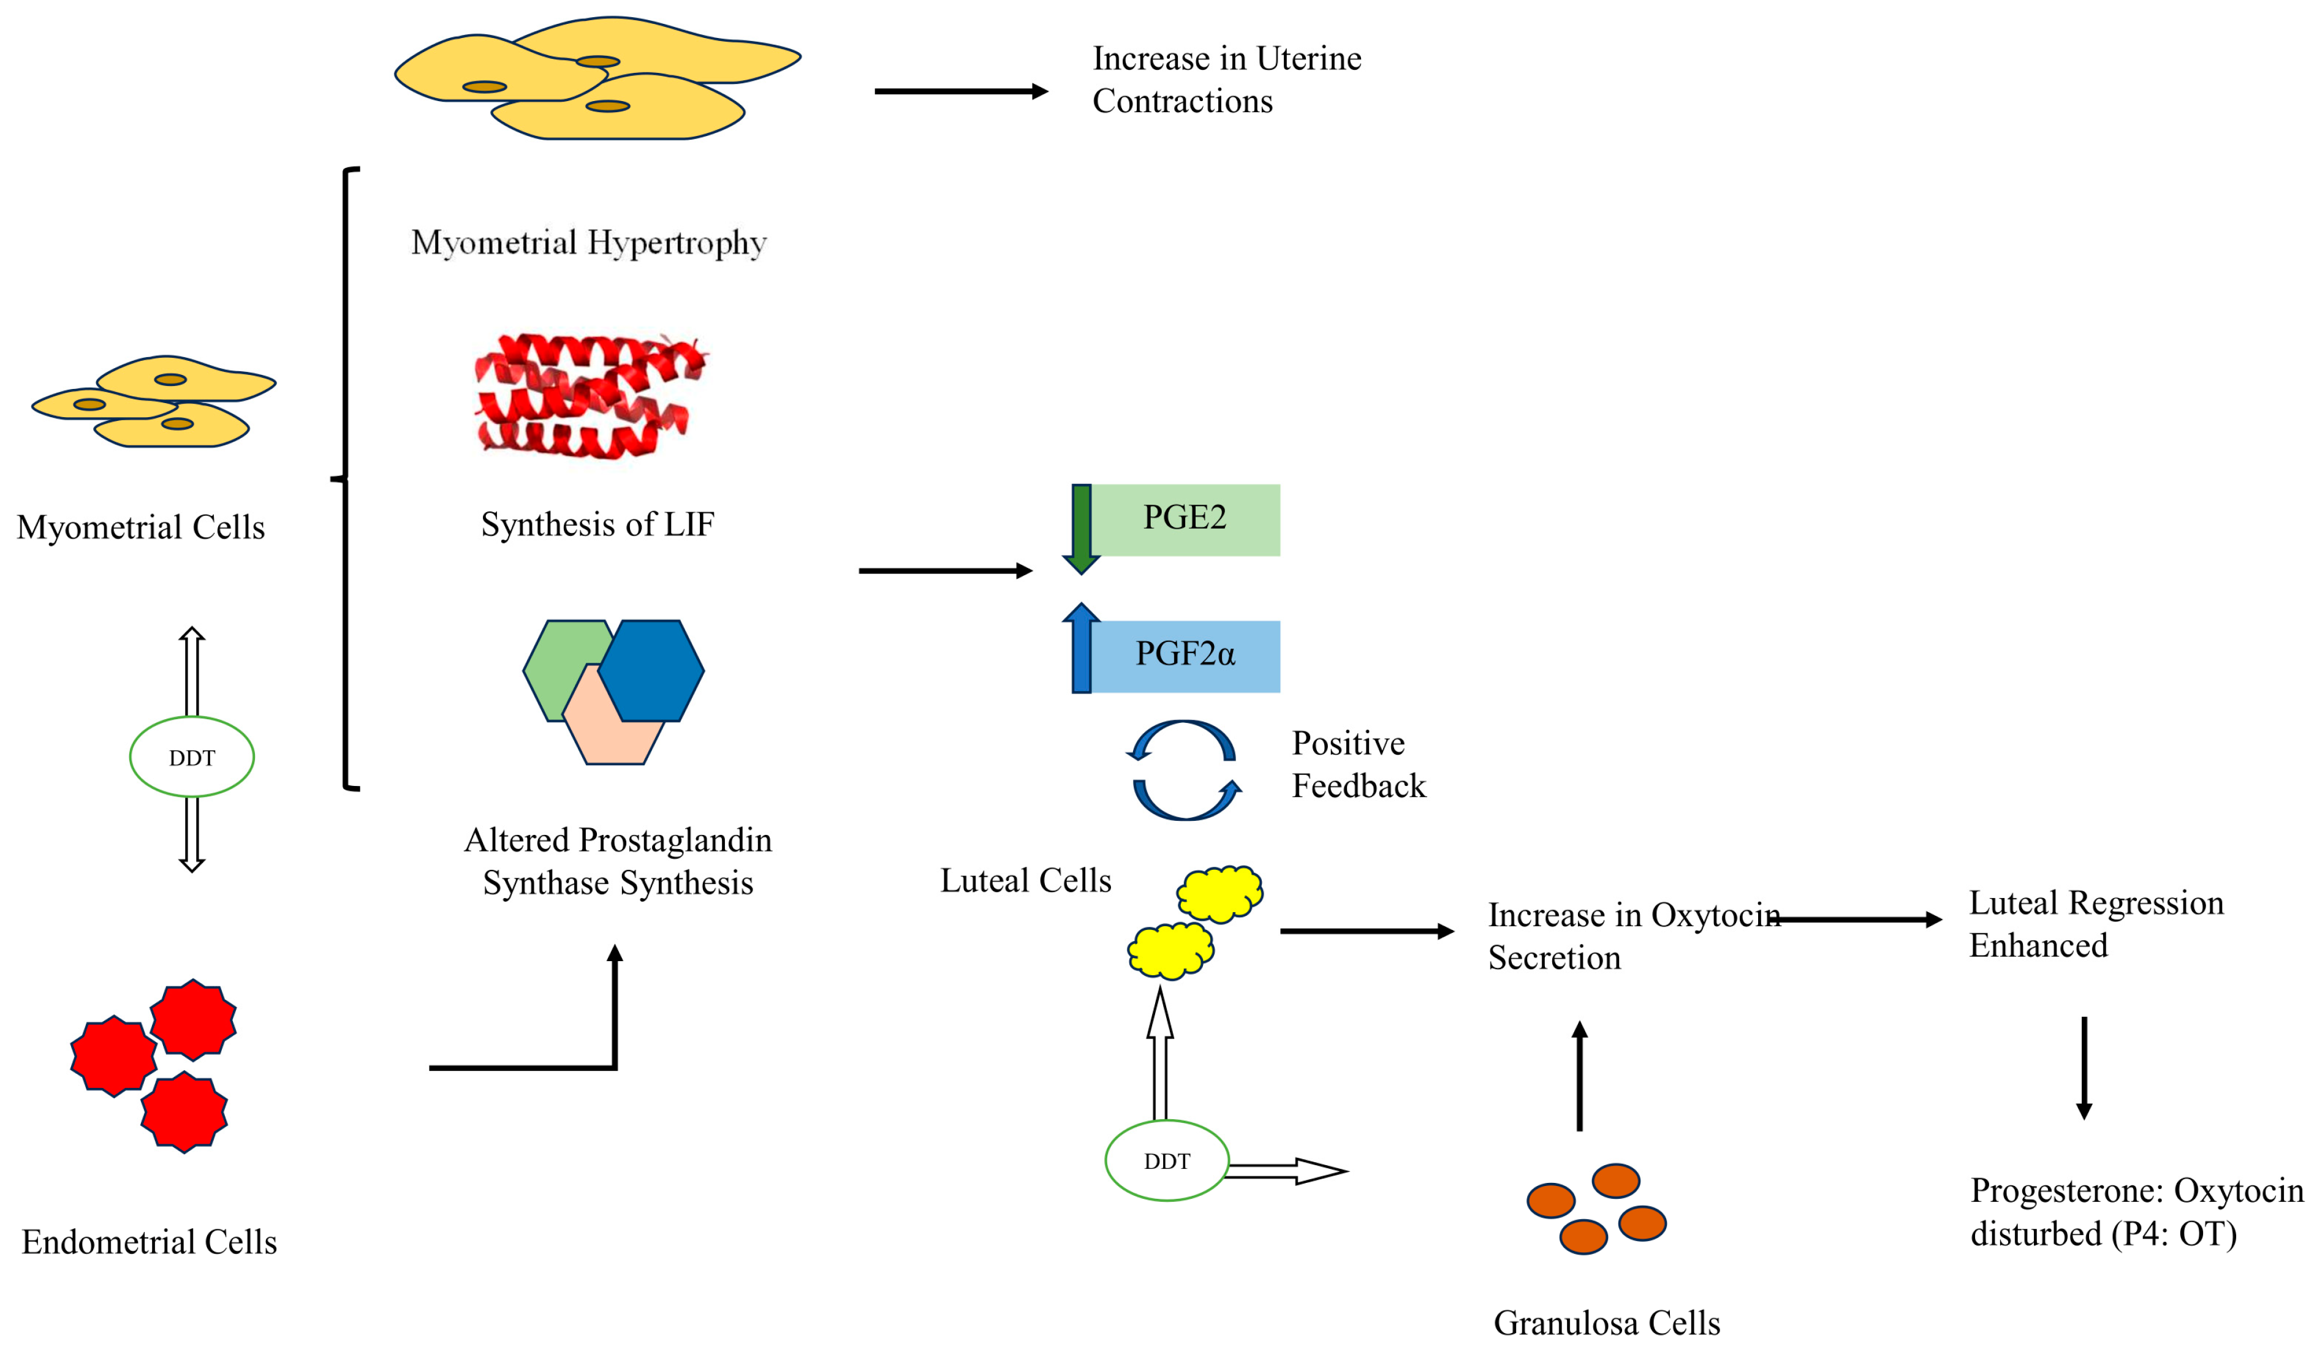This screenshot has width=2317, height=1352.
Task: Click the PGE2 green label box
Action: click(x=1185, y=519)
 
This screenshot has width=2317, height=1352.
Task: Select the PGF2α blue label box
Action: click(x=1185, y=655)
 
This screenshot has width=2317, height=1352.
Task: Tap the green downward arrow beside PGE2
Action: click(x=1081, y=529)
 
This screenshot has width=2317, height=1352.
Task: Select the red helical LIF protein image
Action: click(x=588, y=397)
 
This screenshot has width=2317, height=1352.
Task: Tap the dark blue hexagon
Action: click(x=651, y=670)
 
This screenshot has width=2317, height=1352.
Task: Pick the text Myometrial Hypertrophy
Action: click(x=588, y=243)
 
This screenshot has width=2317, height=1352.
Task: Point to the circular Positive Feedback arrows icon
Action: click(x=1183, y=770)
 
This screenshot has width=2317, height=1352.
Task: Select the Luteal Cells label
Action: click(x=1025, y=880)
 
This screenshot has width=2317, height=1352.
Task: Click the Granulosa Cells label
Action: click(x=1606, y=1323)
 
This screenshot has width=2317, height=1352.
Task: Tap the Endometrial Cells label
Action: click(x=149, y=1242)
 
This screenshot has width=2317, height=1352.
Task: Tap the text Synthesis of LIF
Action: click(x=597, y=524)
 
